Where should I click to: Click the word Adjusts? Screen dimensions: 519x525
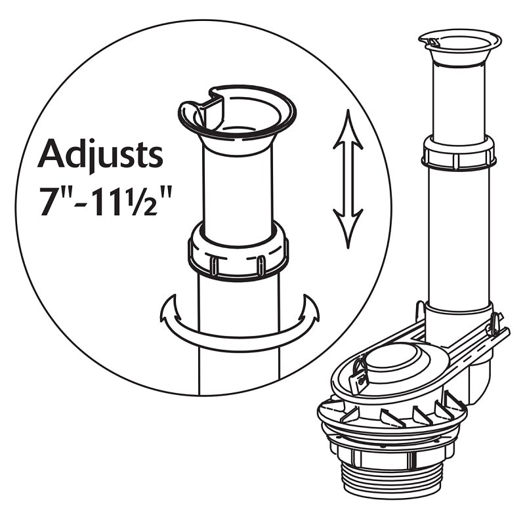[100, 155]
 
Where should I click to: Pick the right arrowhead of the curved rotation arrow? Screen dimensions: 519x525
[308, 308]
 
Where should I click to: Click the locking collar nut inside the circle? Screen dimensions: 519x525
[238, 253]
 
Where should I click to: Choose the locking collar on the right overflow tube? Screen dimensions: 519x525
[459, 154]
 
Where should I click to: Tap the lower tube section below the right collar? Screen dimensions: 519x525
[459, 236]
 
